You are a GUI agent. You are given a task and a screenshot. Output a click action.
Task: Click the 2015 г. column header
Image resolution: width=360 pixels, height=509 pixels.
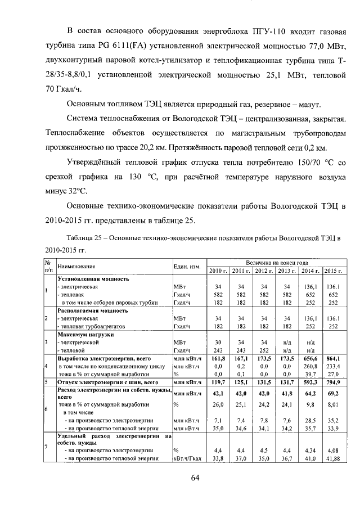tap(333, 272)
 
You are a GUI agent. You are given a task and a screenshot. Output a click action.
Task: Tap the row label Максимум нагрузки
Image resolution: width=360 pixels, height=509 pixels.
tap(85, 334)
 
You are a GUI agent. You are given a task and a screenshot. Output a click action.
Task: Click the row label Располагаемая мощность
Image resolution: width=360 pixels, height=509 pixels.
tap(93, 310)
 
